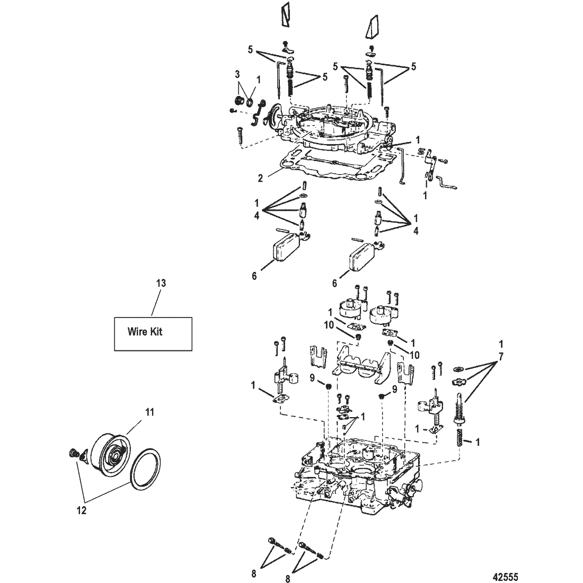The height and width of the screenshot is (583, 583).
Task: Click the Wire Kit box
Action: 153,333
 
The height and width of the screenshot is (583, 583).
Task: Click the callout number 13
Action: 161,284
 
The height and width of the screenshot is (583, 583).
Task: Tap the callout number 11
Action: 149,412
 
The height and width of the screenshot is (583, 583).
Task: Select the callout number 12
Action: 82,510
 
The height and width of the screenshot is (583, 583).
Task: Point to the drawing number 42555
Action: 505,576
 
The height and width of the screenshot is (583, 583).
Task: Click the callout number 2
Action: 260,179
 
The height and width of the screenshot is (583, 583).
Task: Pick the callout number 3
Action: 237,74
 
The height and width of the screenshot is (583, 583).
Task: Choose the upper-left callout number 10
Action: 329,324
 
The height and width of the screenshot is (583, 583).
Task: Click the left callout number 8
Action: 254,573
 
